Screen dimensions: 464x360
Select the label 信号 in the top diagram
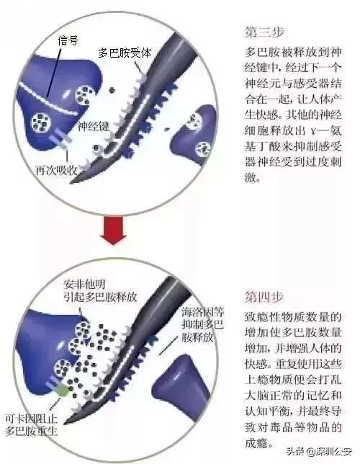click(68, 41)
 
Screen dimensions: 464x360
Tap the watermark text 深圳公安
click(329, 452)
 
